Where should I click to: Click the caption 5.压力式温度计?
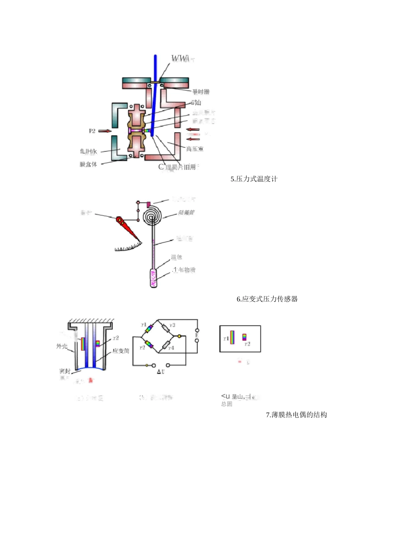pyautogui.click(x=254, y=179)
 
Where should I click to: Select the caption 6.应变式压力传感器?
pyautogui.click(x=267, y=299)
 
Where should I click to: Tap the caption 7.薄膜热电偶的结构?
pyautogui.click(x=296, y=415)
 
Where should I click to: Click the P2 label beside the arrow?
pyautogui.click(x=92, y=131)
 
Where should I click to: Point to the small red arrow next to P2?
pyautogui.click(x=105, y=131)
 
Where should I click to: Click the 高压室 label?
pyautogui.click(x=195, y=149)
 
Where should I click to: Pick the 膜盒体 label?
pyautogui.click(x=88, y=164)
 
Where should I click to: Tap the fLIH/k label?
pyautogui.click(x=88, y=151)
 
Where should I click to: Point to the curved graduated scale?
pyautogui.click(x=128, y=247)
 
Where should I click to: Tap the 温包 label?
pyautogui.click(x=176, y=257)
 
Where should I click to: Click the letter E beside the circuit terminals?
pyautogui.click(x=197, y=335)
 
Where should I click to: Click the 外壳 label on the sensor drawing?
pyautogui.click(x=62, y=346)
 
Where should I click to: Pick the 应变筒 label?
pyautogui.click(x=121, y=351)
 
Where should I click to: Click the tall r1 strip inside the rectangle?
pyautogui.click(x=232, y=337)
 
